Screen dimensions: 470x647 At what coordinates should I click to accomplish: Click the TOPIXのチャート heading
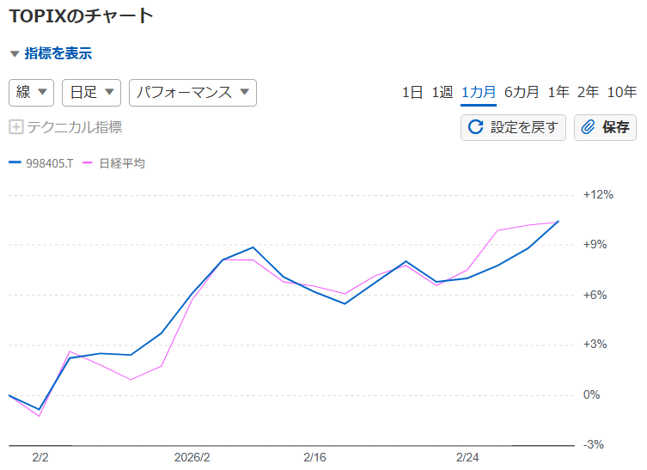click(81, 15)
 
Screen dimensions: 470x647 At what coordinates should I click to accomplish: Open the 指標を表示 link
click(58, 53)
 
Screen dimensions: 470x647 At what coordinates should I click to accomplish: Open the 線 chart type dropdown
click(32, 93)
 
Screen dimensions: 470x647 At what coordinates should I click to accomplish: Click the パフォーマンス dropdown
click(192, 93)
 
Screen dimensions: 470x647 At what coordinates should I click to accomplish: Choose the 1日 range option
click(412, 93)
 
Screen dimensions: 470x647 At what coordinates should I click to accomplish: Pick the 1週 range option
click(442, 93)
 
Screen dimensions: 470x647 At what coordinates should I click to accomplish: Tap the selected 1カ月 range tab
click(478, 93)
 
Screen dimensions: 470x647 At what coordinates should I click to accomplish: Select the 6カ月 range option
click(522, 93)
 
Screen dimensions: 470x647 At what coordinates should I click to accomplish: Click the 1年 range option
click(558, 93)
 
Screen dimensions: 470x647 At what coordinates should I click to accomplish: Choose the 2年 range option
click(588, 93)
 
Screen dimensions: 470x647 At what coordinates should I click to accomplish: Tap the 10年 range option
click(621, 93)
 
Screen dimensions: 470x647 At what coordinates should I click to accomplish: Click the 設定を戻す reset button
click(513, 127)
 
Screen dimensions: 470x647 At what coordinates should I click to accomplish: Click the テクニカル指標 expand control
click(65, 127)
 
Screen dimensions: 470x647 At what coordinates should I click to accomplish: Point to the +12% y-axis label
click(598, 194)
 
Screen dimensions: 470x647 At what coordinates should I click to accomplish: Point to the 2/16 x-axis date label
click(314, 457)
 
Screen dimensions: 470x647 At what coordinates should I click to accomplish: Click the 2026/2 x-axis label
click(192, 457)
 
